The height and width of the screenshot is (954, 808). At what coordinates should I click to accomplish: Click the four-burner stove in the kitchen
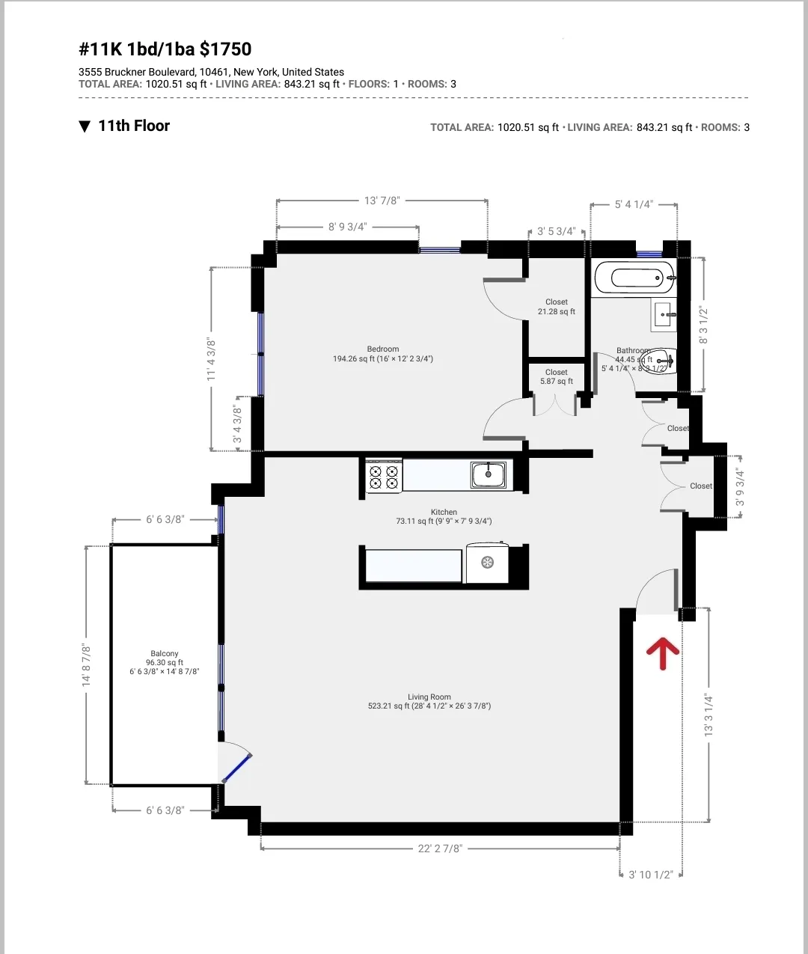pyautogui.click(x=384, y=477)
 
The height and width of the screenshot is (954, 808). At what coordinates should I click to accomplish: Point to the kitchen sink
pyautogui.click(x=489, y=474)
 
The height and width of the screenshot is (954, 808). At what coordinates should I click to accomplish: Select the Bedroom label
pyautogui.click(x=383, y=349)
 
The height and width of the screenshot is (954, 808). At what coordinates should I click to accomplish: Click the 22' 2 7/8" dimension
pyautogui.click(x=440, y=848)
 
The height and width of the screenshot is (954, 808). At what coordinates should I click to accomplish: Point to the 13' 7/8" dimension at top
pyautogui.click(x=382, y=201)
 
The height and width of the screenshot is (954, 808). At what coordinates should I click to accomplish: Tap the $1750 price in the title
pyautogui.click(x=226, y=49)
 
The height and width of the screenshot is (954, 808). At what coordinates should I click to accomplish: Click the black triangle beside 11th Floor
pyautogui.click(x=85, y=126)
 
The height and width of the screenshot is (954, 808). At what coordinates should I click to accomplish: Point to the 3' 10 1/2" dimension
pyautogui.click(x=650, y=874)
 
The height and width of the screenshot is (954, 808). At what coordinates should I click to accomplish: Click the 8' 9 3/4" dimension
pyautogui.click(x=347, y=227)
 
